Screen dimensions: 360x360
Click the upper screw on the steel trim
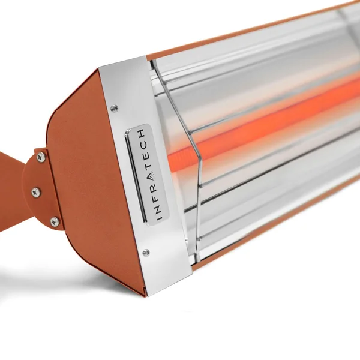click(x=114, y=108)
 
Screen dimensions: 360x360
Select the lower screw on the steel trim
click(x=146, y=253)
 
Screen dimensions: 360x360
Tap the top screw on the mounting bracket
click(x=41, y=157)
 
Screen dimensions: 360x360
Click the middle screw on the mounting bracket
click(x=35, y=192)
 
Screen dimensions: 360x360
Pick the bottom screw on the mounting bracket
click(x=55, y=221)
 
